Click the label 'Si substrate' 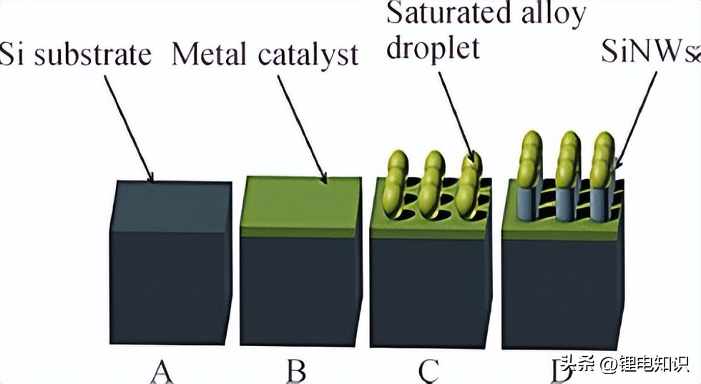point(75,54)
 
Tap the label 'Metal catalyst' point(265,54)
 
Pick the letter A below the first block point(163,370)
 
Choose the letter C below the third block point(427,370)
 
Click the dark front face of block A point(170,287)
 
